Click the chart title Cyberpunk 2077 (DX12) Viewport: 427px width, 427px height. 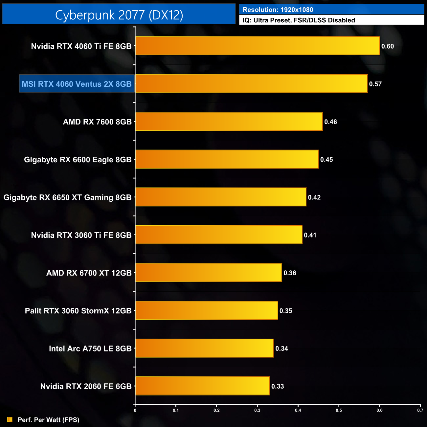pyautogui.click(x=119, y=15)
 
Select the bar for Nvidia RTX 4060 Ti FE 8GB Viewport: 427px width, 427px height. pyautogui.click(x=258, y=46)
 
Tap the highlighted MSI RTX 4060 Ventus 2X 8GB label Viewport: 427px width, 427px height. pyautogui.click(x=77, y=84)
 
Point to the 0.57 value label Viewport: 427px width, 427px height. pyautogui.click(x=375, y=84)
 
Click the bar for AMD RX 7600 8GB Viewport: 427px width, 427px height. pyautogui.click(x=229, y=122)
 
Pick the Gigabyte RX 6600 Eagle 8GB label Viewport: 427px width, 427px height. pyautogui.click(x=78, y=160)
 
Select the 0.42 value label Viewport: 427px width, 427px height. pyautogui.click(x=314, y=197)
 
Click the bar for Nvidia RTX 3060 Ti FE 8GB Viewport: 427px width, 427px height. pyautogui.click(x=219, y=235)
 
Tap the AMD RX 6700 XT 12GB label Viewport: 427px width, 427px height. pyautogui.click(x=89, y=273)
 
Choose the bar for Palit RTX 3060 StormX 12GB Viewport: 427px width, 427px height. pyautogui.click(x=207, y=310)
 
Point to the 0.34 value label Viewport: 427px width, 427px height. pyautogui.click(x=281, y=348)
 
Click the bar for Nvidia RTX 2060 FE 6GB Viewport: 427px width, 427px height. pyautogui.click(x=202, y=386)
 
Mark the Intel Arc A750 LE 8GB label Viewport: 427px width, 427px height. pyautogui.click(x=90, y=348)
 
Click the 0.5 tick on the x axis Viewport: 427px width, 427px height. pyautogui.click(x=339, y=410)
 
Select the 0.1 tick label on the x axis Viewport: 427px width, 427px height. pyautogui.click(x=176, y=410)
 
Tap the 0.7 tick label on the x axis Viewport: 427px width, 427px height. pyautogui.click(x=420, y=410)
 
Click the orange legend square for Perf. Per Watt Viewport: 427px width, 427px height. pyautogui.click(x=10, y=419)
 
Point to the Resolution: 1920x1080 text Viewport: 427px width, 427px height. pyautogui.click(x=278, y=10)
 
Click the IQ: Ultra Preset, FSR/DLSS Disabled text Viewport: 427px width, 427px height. pyautogui.click(x=299, y=20)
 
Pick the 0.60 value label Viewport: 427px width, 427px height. pyautogui.click(x=387, y=46)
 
